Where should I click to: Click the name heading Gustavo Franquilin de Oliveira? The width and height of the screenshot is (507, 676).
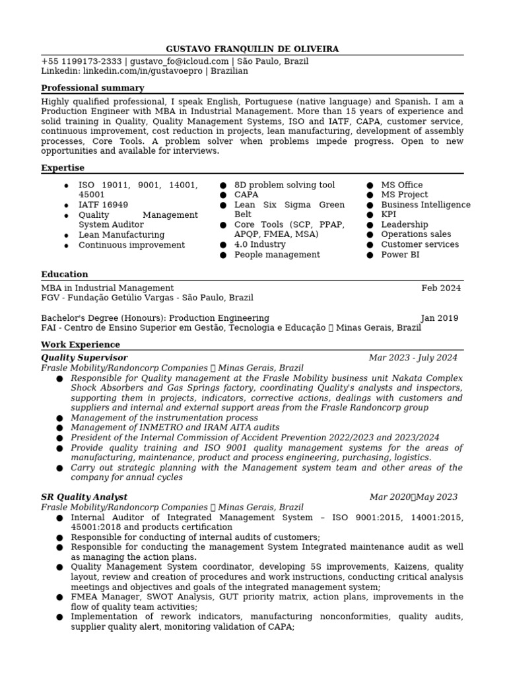[253, 50]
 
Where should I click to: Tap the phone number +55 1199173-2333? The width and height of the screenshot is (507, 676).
[81, 61]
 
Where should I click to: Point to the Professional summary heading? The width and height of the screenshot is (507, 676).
[92, 88]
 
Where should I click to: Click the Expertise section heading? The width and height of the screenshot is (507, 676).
[63, 168]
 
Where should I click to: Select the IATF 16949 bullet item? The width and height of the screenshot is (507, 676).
[103, 205]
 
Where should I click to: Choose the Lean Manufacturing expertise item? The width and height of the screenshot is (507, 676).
[121, 234]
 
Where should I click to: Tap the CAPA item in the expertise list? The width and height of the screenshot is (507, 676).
[246, 195]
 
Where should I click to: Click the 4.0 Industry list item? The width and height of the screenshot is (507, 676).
[260, 244]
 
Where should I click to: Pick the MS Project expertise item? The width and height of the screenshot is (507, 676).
[404, 195]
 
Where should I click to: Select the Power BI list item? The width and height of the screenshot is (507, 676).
[400, 254]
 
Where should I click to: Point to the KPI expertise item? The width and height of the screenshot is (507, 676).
[389, 215]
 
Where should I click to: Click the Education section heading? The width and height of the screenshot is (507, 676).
[65, 274]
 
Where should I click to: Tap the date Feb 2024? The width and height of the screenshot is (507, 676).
[441, 288]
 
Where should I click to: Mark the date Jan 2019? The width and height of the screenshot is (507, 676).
[439, 318]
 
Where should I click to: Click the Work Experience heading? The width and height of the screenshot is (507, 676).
[81, 345]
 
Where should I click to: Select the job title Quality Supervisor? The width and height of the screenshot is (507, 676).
[84, 358]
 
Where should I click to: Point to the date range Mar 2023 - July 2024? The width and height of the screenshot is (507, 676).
[413, 358]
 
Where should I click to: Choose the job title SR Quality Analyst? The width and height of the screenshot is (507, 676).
[84, 496]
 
